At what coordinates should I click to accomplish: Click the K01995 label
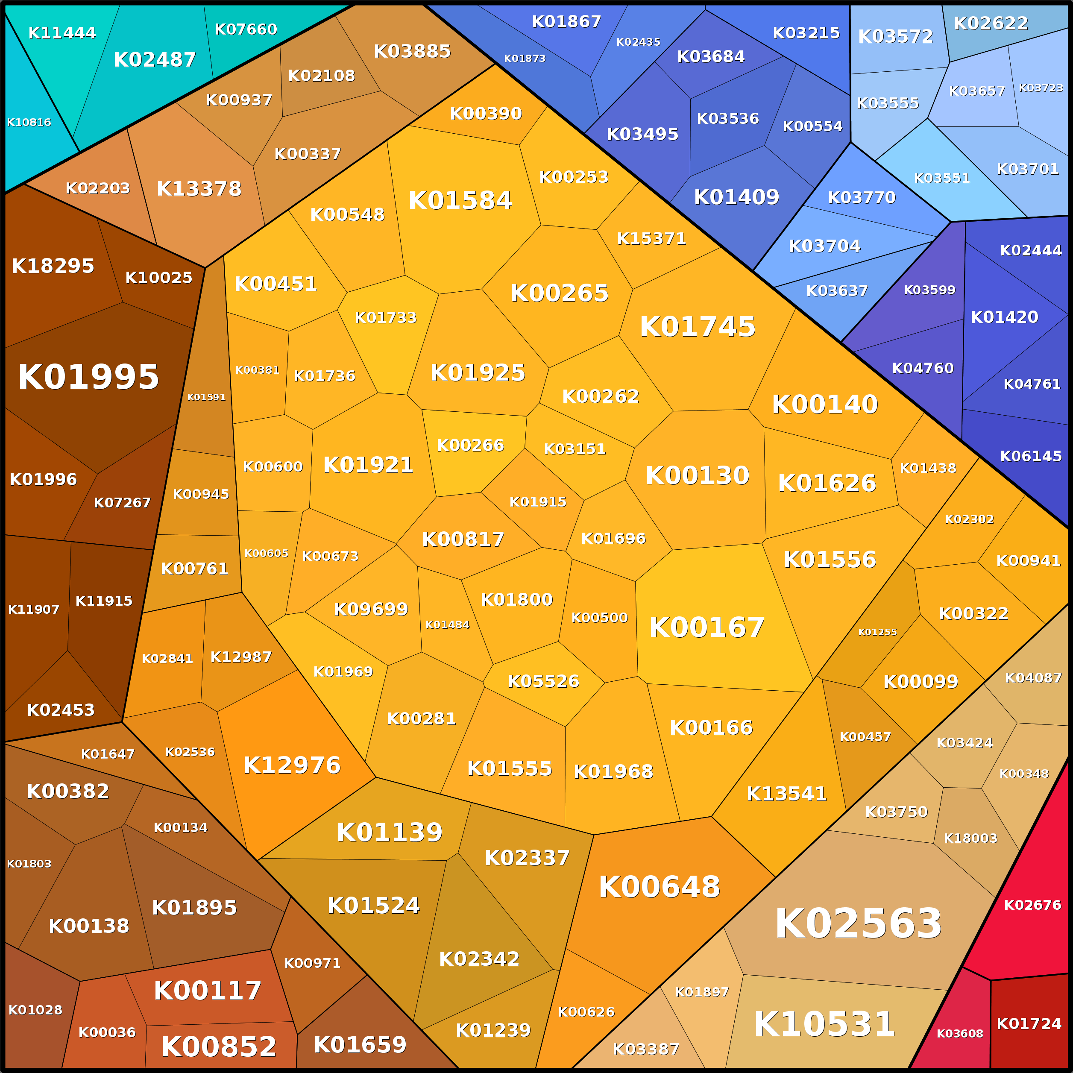coord(89,377)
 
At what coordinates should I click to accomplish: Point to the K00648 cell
coord(659,887)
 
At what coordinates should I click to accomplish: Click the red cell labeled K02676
coord(1032,905)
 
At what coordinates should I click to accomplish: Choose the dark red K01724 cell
coord(1029,1023)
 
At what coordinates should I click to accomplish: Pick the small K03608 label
coord(960,1034)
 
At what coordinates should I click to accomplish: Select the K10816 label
coord(29,122)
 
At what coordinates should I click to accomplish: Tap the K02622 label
coord(991,23)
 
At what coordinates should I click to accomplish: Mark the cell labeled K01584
coord(460,200)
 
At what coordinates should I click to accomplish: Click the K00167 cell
coord(707,627)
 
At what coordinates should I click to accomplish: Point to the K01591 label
coord(206,397)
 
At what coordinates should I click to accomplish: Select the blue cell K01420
coord(1004,317)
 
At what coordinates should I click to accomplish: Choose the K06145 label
coord(1031,456)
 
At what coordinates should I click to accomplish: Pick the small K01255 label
coord(877,632)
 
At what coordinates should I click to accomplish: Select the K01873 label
coord(524,59)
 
